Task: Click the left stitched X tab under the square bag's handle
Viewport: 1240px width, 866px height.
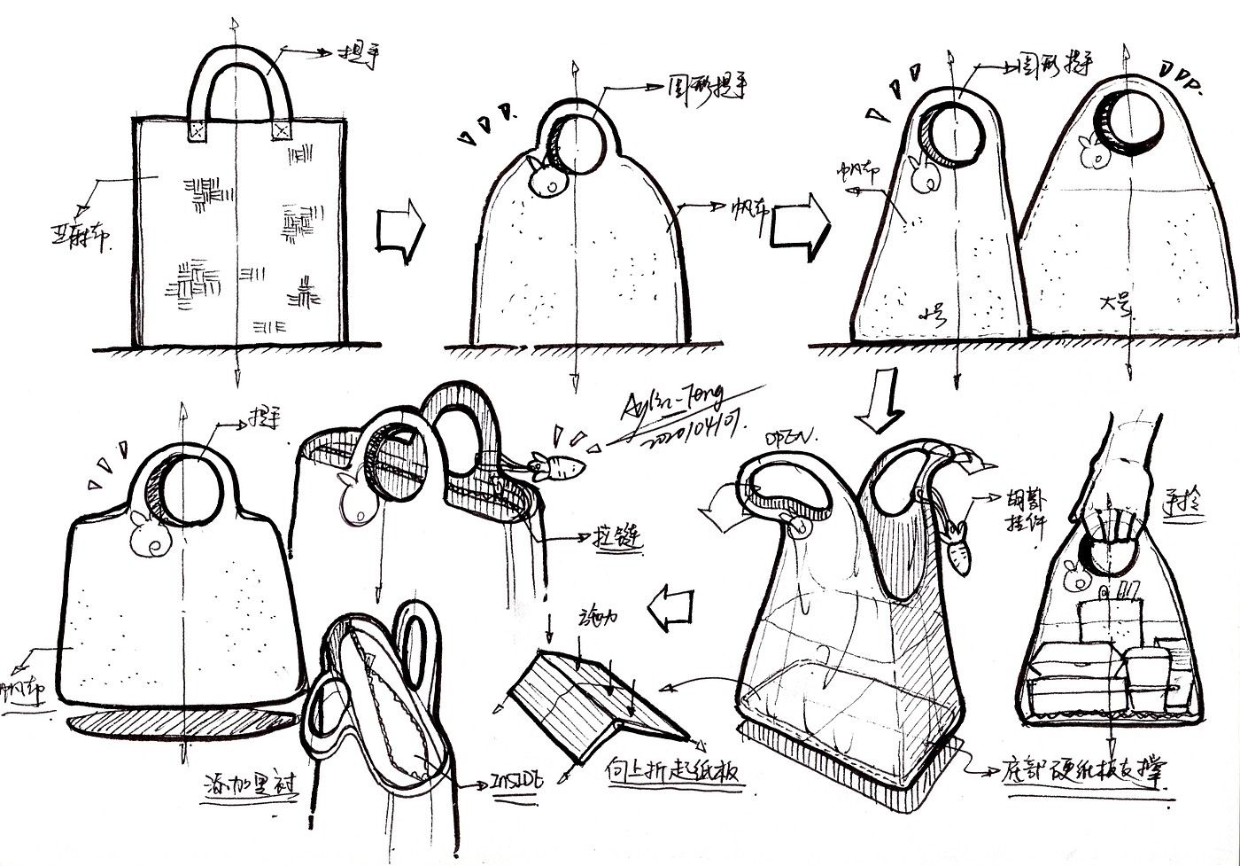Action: (x=197, y=130)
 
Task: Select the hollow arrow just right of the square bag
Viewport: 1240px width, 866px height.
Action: (x=398, y=233)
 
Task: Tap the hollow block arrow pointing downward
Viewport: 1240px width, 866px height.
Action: (x=882, y=402)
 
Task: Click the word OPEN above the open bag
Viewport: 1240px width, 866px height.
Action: (x=792, y=437)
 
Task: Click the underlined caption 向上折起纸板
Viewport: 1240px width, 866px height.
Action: (x=676, y=769)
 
